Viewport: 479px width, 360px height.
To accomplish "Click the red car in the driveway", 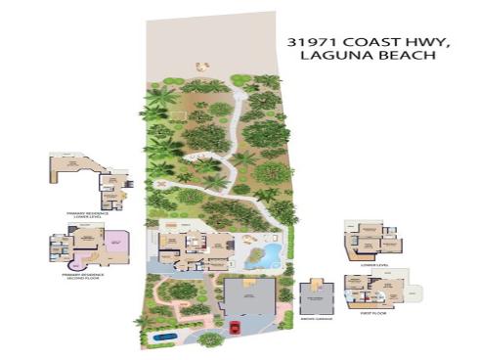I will click(x=234, y=326).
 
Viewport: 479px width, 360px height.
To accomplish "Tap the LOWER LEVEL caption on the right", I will click(x=369, y=264).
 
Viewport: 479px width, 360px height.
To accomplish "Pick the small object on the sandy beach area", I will click(x=202, y=67).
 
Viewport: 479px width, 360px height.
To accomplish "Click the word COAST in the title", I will click(x=365, y=42).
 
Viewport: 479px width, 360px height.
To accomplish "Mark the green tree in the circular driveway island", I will click(x=209, y=338).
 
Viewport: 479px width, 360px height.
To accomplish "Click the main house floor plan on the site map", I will click(x=192, y=248).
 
